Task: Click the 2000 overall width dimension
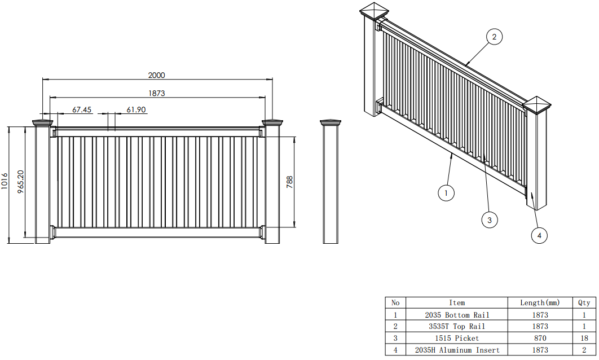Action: (156, 75)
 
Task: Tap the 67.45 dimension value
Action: (82, 109)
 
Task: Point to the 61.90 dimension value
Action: (136, 109)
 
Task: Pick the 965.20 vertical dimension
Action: (21, 182)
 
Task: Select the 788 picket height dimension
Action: (289, 182)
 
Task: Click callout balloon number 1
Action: (446, 193)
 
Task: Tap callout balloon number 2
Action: (494, 37)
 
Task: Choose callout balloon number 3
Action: (490, 219)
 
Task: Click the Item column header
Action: (457, 303)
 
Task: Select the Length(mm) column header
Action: (540, 303)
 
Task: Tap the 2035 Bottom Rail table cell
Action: (457, 315)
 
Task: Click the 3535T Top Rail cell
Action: (457, 326)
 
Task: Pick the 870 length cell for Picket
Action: (540, 338)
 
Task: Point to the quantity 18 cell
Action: (584, 338)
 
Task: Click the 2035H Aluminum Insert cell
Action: (457, 350)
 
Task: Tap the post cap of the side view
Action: (331, 122)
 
